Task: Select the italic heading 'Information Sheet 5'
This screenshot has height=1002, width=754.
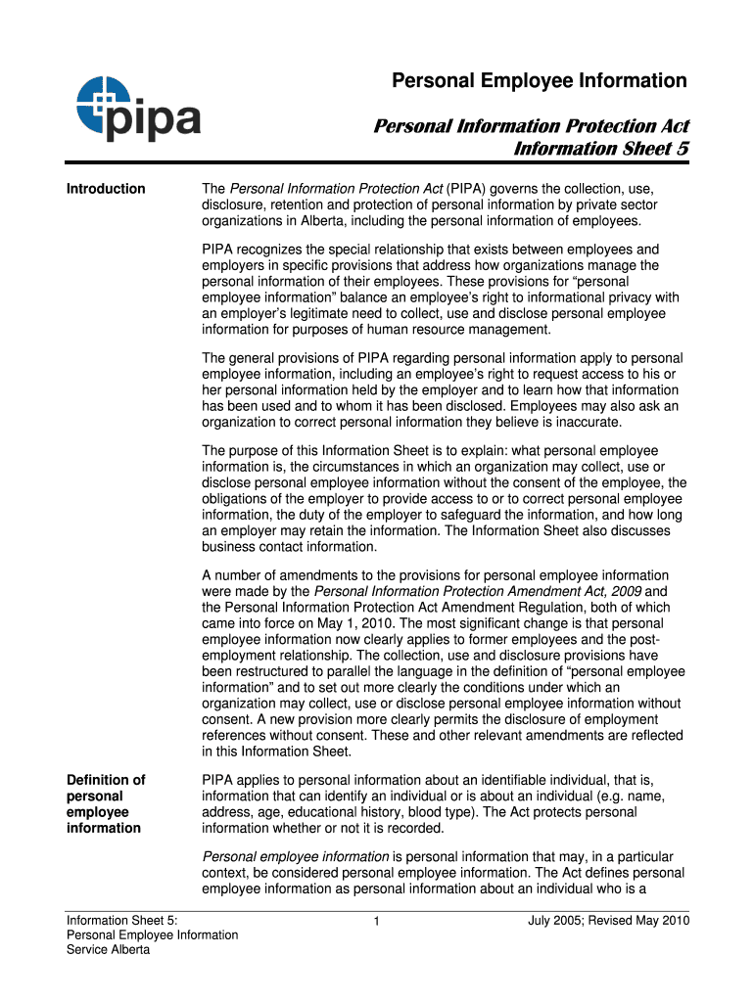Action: point(601,149)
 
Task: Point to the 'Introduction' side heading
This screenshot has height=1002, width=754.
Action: point(106,189)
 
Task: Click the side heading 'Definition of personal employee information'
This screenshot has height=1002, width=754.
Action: point(106,803)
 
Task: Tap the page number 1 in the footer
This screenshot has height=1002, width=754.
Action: point(377,921)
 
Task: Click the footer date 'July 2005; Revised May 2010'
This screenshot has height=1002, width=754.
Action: point(608,920)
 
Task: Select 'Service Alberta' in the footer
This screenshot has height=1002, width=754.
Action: point(108,950)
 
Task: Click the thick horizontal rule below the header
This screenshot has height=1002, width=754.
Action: point(377,162)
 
